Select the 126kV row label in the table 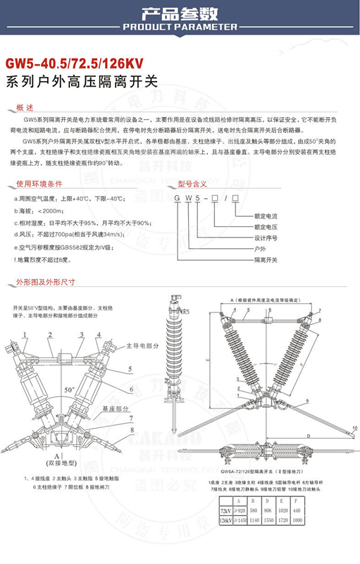click(x=225, y=520)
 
